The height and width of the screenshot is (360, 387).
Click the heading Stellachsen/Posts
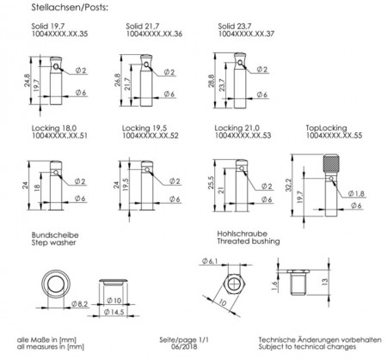(x=70, y=7)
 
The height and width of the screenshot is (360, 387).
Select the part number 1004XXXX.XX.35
(x=59, y=34)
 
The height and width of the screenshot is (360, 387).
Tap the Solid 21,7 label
(x=143, y=26)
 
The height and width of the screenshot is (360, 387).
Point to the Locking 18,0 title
(x=54, y=128)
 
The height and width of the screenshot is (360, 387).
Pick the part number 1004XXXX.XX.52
(x=150, y=136)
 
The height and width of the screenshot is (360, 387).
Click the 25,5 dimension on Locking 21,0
(x=211, y=182)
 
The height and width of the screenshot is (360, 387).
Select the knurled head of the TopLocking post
(x=331, y=163)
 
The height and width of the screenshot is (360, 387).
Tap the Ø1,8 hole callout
(x=356, y=193)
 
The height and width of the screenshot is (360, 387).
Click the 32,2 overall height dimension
(x=288, y=185)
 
